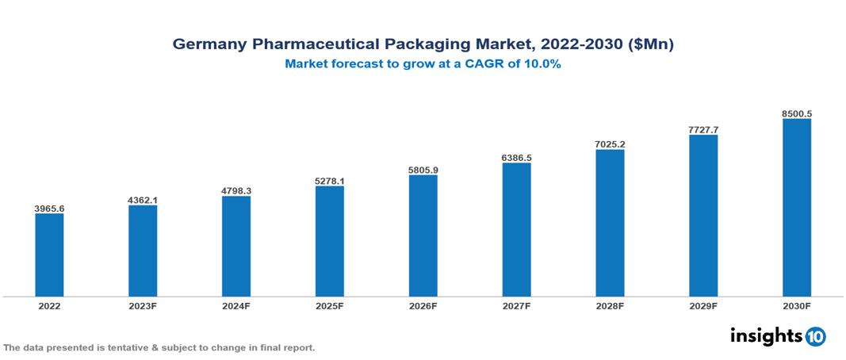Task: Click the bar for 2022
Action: click(x=49, y=255)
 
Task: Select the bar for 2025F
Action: click(x=330, y=241)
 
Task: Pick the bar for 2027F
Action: click(x=516, y=229)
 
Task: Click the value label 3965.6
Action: click(x=49, y=208)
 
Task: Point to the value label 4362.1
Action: click(x=143, y=200)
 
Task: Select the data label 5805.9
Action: click(x=423, y=170)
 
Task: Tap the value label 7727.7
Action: click(x=703, y=129)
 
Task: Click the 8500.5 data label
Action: click(x=797, y=113)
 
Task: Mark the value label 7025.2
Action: click(x=610, y=144)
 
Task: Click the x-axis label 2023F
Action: click(x=143, y=305)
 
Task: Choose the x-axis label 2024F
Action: click(x=236, y=305)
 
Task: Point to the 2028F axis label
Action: click(x=610, y=305)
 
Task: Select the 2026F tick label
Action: click(x=423, y=305)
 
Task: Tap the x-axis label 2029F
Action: click(x=703, y=305)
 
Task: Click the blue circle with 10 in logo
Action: click(x=815, y=337)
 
